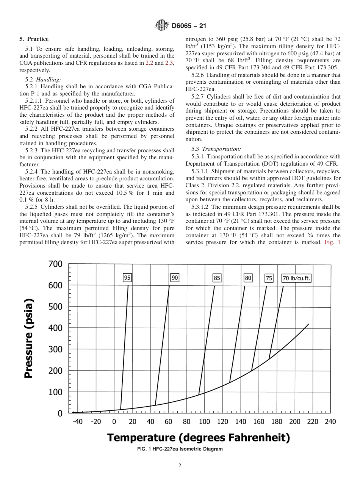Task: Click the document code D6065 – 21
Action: [188, 26]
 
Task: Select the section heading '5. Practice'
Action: [34, 39]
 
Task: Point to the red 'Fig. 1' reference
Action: [333, 242]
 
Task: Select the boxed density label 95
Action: [127, 278]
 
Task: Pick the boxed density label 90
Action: [175, 278]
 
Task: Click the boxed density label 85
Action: [217, 278]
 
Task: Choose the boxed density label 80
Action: [248, 278]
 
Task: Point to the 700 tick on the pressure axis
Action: [55, 264]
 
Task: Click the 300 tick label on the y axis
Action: [55, 349]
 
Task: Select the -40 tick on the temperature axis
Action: [77, 422]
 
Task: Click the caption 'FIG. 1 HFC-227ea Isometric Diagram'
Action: [180, 449]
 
